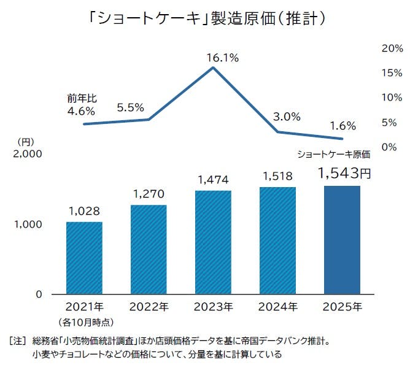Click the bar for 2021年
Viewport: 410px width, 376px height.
coord(84,258)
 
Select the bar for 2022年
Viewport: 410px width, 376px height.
coord(149,249)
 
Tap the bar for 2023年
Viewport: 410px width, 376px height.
coord(213,242)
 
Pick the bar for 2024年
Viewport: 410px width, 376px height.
coord(277,240)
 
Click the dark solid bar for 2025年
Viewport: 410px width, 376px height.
coord(342,240)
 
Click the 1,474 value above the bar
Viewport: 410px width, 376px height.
coord(213,180)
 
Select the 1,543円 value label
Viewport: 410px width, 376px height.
coord(344,174)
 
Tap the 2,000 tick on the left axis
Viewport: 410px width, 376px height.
coord(27,155)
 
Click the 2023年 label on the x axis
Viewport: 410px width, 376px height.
coord(213,306)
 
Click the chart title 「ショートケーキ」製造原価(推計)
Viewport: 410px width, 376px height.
coord(205,19)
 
